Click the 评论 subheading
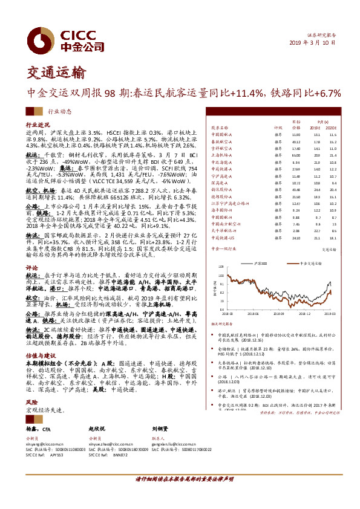[31, 266]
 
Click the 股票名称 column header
[218, 128]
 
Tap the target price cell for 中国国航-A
[296, 135]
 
